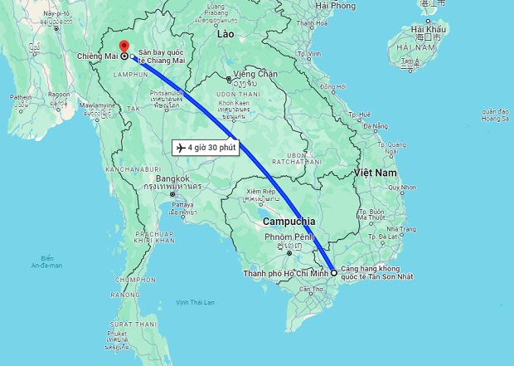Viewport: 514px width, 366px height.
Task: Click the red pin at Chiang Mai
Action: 124,47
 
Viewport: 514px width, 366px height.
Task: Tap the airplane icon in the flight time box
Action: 180,148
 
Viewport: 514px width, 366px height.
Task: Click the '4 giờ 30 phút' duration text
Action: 212,148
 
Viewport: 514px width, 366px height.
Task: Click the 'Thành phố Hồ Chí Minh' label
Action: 284,273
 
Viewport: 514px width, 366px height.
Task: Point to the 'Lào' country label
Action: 225,36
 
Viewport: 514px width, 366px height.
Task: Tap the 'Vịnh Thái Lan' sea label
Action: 195,302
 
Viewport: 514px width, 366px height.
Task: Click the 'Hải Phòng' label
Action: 336,6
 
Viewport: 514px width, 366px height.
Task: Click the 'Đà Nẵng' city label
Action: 375,125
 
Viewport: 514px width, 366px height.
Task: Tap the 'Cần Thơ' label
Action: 312,289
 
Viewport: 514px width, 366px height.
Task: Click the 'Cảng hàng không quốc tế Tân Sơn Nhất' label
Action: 383,273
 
